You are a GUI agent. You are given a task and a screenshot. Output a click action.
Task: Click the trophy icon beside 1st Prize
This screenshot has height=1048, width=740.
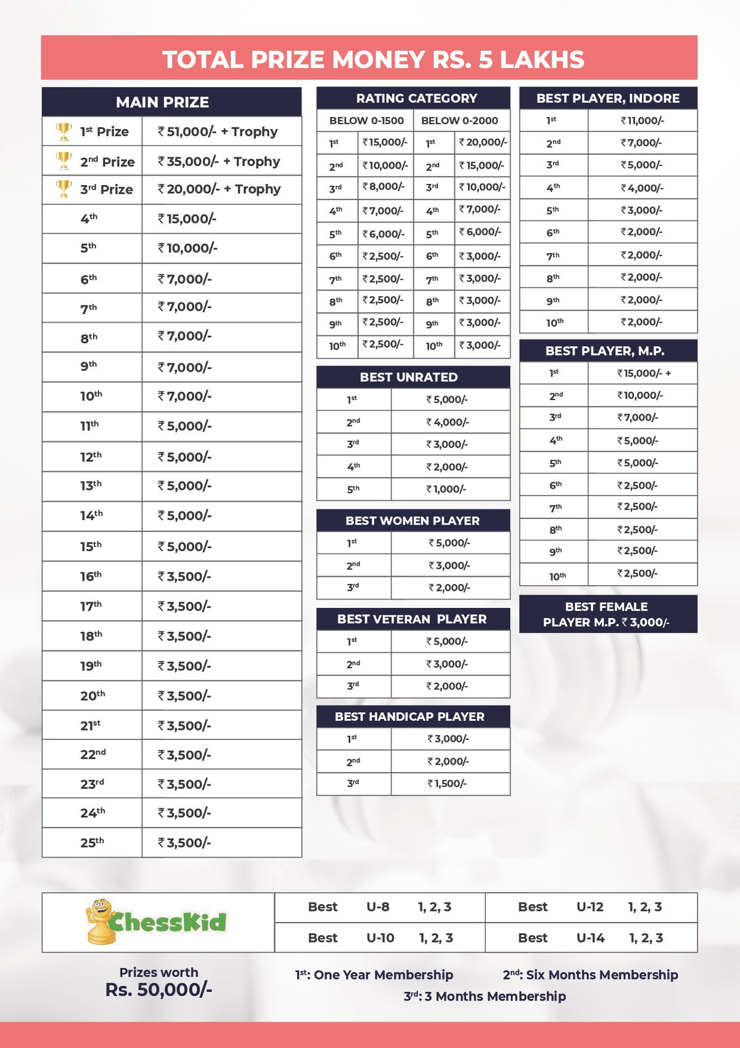click(64, 131)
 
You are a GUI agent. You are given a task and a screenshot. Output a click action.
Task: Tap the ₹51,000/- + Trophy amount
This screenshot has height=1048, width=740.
click(218, 131)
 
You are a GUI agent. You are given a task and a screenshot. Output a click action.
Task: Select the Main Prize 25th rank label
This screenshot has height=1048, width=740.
click(92, 842)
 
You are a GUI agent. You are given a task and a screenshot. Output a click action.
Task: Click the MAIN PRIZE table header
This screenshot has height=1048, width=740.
click(163, 102)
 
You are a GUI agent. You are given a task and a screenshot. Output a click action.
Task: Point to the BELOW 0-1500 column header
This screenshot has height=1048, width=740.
click(366, 120)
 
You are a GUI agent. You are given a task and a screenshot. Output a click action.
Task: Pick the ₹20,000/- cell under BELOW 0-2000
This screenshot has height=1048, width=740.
click(483, 143)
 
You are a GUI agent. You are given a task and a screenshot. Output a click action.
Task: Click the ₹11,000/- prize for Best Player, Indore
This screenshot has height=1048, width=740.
click(642, 121)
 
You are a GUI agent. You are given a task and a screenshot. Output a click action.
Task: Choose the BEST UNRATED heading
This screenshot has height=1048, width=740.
click(409, 377)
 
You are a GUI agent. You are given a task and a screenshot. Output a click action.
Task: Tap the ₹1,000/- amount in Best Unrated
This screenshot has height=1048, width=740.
click(446, 489)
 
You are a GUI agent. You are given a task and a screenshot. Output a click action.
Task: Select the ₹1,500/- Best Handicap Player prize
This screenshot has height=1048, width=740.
click(447, 784)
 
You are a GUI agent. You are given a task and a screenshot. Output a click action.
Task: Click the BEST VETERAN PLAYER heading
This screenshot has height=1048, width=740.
click(412, 619)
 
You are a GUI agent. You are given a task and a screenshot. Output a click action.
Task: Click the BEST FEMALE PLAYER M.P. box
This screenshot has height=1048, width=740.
click(607, 614)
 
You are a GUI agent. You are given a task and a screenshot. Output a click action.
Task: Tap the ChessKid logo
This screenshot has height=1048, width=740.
click(157, 922)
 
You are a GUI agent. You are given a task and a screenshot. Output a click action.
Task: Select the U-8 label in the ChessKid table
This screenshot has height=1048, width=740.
click(378, 907)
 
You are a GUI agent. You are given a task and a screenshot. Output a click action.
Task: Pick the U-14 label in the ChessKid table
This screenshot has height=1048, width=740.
click(590, 938)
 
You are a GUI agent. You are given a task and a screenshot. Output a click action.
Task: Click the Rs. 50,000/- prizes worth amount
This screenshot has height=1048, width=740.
click(158, 990)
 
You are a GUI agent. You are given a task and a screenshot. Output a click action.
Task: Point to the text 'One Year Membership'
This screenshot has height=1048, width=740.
click(383, 975)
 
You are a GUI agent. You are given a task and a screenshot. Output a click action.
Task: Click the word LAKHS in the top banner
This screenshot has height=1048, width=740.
click(542, 59)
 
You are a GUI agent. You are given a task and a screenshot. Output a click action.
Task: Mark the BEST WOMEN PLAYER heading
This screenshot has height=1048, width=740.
click(413, 521)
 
